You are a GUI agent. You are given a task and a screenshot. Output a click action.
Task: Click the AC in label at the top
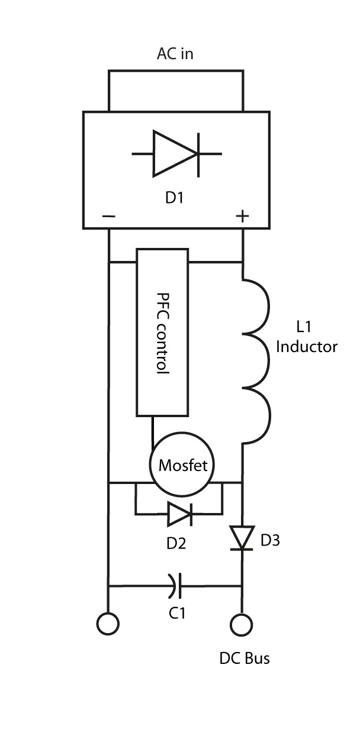click(x=175, y=54)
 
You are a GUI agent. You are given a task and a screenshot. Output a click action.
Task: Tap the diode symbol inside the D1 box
click(x=176, y=153)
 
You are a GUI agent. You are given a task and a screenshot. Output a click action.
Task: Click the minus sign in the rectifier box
click(x=108, y=217)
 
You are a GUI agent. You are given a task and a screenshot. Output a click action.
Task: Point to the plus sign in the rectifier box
click(x=242, y=217)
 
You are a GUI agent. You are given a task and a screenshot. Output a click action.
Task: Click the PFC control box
click(x=163, y=332)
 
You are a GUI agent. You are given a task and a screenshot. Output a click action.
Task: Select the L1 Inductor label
click(x=307, y=336)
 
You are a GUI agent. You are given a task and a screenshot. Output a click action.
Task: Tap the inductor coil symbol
click(x=256, y=358)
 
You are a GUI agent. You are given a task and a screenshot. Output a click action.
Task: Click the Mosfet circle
click(x=183, y=466)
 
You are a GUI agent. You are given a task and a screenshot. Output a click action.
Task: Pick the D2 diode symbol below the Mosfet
click(x=179, y=514)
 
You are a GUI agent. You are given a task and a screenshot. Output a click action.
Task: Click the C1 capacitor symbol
click(x=175, y=586)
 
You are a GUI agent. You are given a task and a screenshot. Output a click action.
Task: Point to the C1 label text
click(x=177, y=614)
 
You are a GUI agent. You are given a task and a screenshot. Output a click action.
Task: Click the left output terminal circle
click(x=108, y=624)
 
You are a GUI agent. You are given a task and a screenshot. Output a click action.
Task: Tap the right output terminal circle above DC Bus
click(x=242, y=624)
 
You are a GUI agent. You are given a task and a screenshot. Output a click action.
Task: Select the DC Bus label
click(x=245, y=657)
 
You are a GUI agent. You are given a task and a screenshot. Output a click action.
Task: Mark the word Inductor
click(x=307, y=346)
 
